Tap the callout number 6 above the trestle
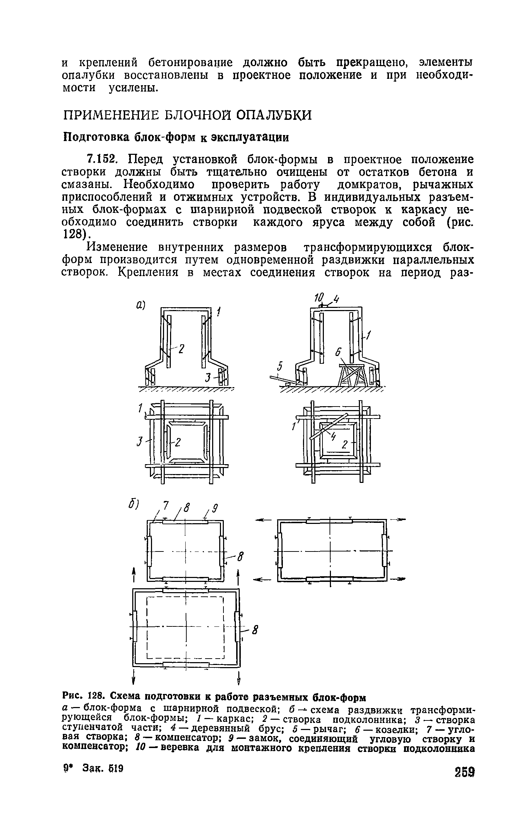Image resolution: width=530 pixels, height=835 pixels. click(x=338, y=352)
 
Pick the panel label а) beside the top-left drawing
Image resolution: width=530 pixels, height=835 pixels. click(x=141, y=304)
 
